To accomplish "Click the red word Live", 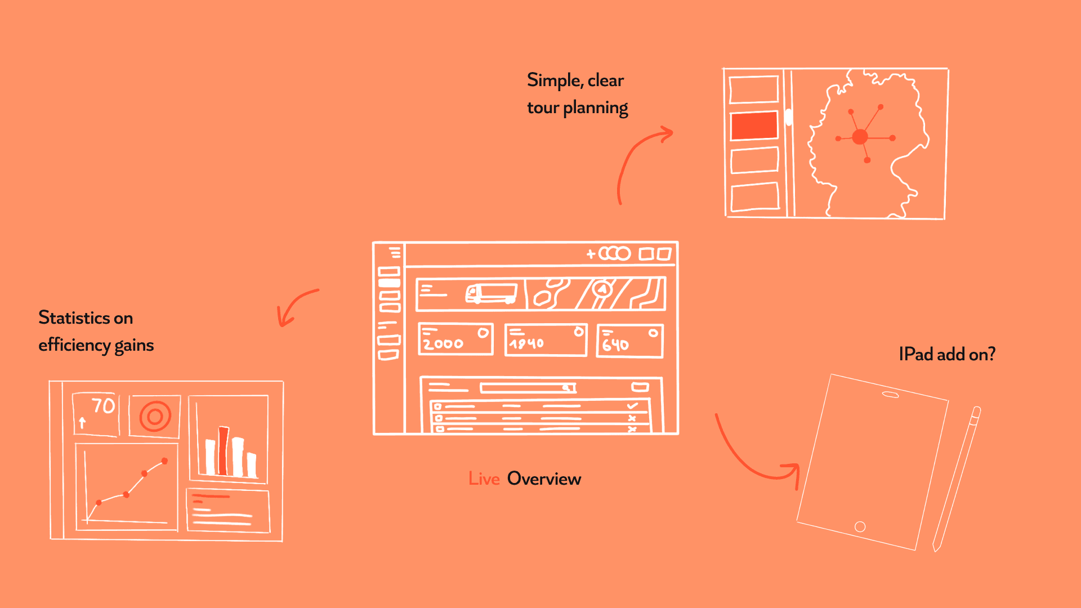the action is [484, 479].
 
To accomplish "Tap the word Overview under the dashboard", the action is [544, 479].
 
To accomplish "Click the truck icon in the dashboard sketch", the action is [491, 293].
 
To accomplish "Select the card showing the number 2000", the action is [455, 339].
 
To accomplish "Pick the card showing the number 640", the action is [629, 341].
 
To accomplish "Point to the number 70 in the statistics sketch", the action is [103, 405].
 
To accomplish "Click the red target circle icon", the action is [155, 417].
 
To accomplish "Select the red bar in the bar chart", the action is [223, 450].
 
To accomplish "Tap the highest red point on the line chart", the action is [164, 461].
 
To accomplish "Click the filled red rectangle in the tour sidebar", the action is [754, 126].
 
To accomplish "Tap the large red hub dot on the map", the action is [860, 137].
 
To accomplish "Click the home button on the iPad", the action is [860, 526].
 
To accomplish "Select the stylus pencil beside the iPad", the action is [956, 479].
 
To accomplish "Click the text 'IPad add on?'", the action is [947, 354].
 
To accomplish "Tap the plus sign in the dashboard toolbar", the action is [591, 254].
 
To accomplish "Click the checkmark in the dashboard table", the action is [632, 405].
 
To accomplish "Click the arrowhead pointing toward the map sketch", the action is [668, 134].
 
